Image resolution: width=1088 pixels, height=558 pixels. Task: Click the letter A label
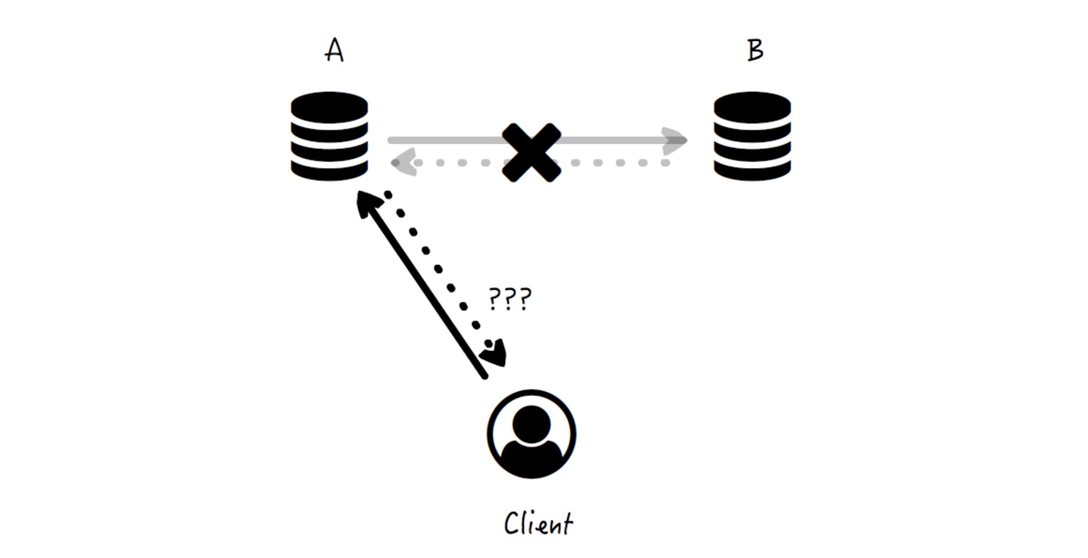(x=334, y=50)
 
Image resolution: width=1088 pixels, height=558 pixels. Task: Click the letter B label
(x=755, y=50)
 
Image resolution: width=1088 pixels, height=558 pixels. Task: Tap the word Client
(x=538, y=523)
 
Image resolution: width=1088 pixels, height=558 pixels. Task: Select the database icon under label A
(x=329, y=136)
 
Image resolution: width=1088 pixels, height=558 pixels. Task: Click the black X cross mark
(x=531, y=152)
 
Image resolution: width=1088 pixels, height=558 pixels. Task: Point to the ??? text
(x=510, y=299)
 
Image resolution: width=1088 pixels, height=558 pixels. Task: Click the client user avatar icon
(x=531, y=434)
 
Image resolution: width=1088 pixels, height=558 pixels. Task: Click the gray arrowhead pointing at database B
(x=675, y=140)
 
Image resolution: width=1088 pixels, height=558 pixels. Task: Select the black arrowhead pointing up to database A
(x=367, y=203)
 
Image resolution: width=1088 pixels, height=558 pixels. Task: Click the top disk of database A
(x=329, y=107)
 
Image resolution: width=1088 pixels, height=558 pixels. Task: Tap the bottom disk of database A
(x=329, y=171)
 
